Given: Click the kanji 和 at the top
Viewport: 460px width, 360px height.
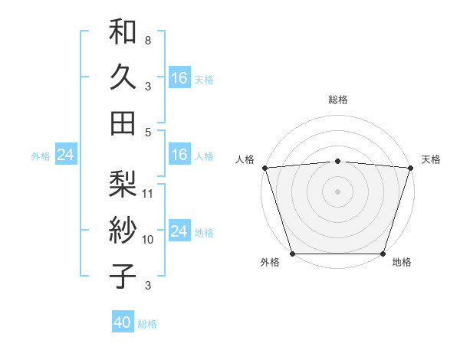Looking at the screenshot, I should click(123, 33).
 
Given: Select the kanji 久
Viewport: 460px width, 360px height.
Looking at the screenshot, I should click(123, 77).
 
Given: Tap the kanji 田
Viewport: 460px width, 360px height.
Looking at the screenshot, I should click(123, 123).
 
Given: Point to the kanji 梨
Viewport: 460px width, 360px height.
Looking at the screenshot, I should click(123, 185).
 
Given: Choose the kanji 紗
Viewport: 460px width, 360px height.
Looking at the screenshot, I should click(123, 231).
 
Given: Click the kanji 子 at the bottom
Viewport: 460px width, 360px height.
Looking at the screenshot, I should click(123, 276).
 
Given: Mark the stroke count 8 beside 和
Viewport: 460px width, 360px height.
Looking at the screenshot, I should click(148, 40).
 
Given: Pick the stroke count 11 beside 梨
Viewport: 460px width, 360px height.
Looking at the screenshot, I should click(149, 193).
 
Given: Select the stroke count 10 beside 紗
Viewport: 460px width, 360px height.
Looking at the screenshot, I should click(149, 239).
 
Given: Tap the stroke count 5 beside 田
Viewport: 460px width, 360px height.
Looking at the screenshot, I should click(148, 132).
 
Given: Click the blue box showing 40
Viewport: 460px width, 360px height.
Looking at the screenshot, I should click(123, 323).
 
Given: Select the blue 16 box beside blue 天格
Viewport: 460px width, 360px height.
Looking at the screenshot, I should click(179, 78).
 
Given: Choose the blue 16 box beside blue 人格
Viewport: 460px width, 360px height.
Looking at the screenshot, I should click(179, 155).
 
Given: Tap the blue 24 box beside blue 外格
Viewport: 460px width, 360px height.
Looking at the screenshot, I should click(66, 155).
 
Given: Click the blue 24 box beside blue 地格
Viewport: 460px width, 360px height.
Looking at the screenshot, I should click(179, 231).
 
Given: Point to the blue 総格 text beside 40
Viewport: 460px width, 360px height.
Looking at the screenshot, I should click(147, 324).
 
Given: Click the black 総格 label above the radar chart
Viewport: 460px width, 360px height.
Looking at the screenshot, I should click(338, 100).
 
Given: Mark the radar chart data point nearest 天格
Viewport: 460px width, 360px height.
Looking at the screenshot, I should click(410, 168).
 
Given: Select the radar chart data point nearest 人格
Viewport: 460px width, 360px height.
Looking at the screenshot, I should click(264, 168).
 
